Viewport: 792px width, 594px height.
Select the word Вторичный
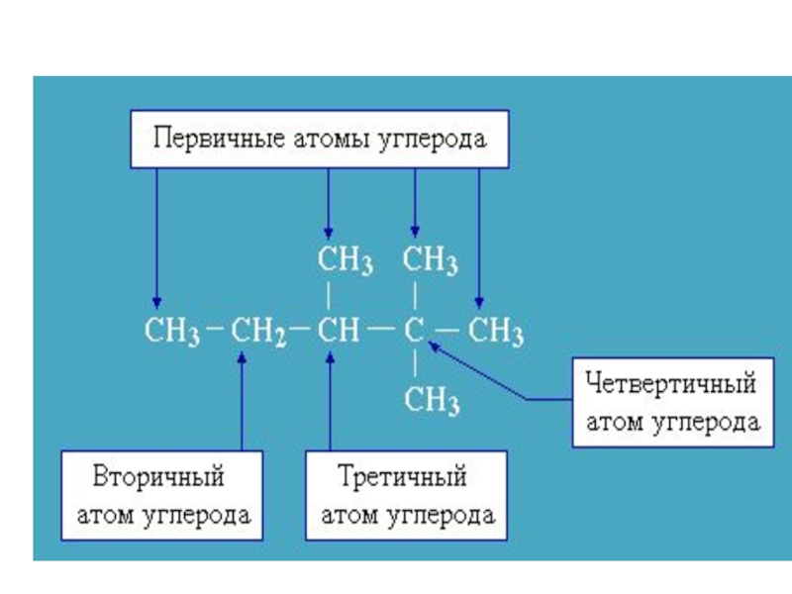(159, 477)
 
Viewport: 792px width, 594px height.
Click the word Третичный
(402, 477)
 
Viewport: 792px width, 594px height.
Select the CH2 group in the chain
(258, 331)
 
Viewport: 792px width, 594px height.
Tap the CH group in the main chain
(338, 331)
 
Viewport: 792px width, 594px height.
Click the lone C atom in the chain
(413, 331)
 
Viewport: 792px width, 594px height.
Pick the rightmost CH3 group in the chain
(495, 331)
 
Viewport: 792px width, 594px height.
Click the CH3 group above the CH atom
(345, 261)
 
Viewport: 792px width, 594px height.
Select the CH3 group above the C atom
(430, 261)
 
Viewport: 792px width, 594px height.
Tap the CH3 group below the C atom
(431, 401)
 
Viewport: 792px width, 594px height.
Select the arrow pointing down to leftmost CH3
(156, 238)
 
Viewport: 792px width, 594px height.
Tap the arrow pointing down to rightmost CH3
(478, 238)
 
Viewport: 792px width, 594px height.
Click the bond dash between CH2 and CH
(302, 331)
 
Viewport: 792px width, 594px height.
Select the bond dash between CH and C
(379, 331)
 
